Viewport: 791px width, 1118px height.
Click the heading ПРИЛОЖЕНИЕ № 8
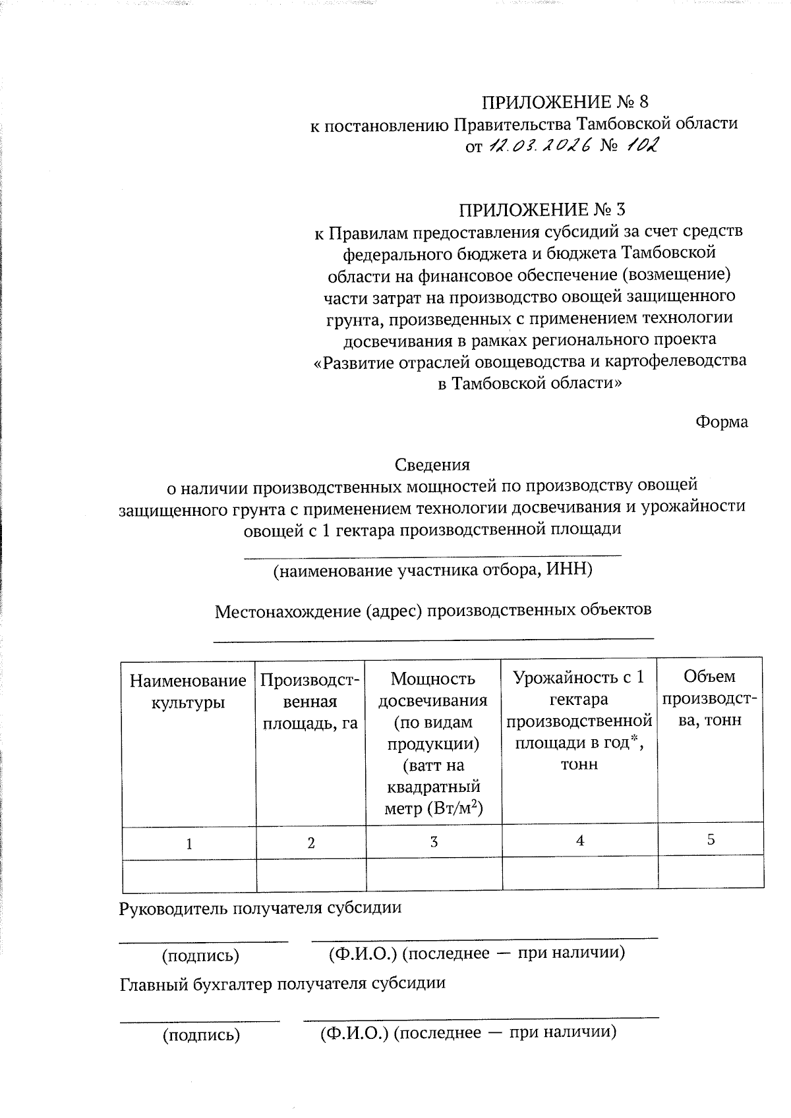[x=566, y=102]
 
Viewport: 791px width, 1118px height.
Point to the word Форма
[x=722, y=422]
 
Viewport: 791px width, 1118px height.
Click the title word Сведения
[x=432, y=464]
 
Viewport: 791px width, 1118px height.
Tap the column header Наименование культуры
[x=189, y=691]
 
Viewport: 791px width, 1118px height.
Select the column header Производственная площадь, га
[x=310, y=702]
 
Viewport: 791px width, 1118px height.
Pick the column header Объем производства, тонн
[x=711, y=698]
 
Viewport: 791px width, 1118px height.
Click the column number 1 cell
[x=189, y=844]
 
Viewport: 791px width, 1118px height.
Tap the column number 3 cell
[x=433, y=842]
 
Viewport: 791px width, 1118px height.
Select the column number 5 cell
[x=711, y=840]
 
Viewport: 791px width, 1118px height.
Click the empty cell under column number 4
[x=579, y=874]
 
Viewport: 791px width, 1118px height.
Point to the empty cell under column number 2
[x=310, y=876]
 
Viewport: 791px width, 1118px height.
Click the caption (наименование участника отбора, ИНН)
[x=433, y=571]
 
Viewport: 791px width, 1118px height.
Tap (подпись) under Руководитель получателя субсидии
[x=201, y=956]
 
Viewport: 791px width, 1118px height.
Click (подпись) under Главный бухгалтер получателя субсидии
[x=201, y=1036]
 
